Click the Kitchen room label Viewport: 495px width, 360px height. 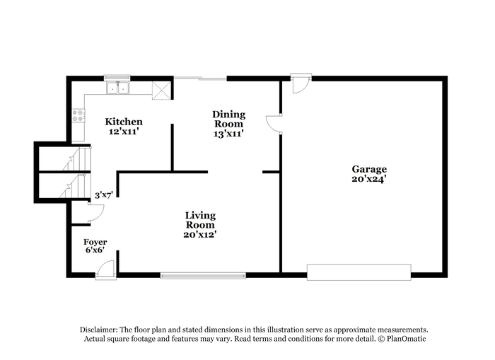[124, 122]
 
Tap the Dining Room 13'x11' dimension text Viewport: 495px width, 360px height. [228, 134]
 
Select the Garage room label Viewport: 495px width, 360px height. [369, 169]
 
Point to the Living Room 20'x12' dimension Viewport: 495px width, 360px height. [200, 234]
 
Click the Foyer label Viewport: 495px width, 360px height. [95, 242]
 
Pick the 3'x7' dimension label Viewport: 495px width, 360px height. [104, 195]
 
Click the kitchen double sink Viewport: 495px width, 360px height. [118, 88]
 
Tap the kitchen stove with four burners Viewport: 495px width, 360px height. [78, 115]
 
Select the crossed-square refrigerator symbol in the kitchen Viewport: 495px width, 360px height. [161, 91]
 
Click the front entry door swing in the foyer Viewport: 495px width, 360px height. [106, 270]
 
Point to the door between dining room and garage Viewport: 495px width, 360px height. [274, 124]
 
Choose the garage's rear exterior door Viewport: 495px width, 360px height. [301, 83]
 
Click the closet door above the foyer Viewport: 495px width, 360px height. [96, 213]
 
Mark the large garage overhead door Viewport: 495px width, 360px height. [359, 272]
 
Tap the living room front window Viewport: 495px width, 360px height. [203, 276]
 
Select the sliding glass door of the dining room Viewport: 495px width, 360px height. [200, 78]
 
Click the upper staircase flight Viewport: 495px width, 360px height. [76, 158]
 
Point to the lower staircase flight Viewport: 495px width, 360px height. [75, 186]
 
